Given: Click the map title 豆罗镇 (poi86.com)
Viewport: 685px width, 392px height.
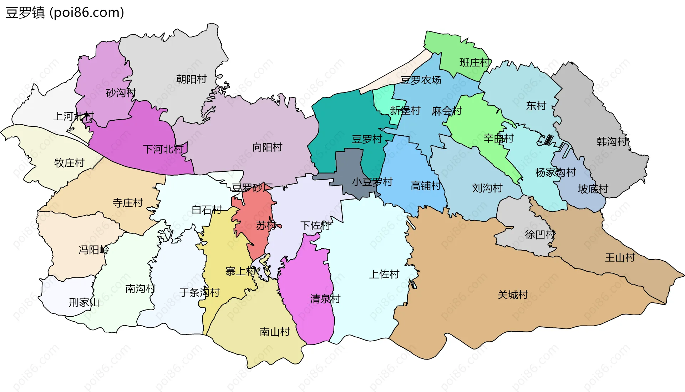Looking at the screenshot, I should [65, 12].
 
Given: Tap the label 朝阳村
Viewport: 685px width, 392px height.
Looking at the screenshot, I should [191, 79].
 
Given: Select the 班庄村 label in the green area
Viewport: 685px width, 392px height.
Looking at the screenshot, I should [475, 62].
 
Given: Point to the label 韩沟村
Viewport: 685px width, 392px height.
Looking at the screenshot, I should [612, 141].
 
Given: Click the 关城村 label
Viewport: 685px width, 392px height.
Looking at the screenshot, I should [513, 295].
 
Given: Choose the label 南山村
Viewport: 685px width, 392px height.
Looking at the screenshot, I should [275, 332].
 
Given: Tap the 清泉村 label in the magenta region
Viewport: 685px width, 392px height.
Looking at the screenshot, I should [325, 298].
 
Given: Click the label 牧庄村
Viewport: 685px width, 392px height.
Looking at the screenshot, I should [69, 163].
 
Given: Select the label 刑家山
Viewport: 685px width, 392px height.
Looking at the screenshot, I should [84, 302].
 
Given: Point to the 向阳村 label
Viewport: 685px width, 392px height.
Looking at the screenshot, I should [267, 147].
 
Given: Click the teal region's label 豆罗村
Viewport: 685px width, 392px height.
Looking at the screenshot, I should [367, 139].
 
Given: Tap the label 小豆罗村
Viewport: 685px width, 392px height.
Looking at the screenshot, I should [372, 182].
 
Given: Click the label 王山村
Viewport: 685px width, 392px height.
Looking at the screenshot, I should [620, 257].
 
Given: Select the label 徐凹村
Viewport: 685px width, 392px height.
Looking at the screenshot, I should [540, 235].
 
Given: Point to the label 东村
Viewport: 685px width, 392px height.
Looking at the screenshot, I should [536, 106].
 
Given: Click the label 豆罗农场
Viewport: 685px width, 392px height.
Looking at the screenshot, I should [421, 80].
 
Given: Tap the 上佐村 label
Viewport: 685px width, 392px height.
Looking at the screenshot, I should [384, 274].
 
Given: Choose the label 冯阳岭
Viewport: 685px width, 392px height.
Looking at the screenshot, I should [93, 250].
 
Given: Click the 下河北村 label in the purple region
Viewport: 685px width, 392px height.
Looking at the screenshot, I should [163, 149].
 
